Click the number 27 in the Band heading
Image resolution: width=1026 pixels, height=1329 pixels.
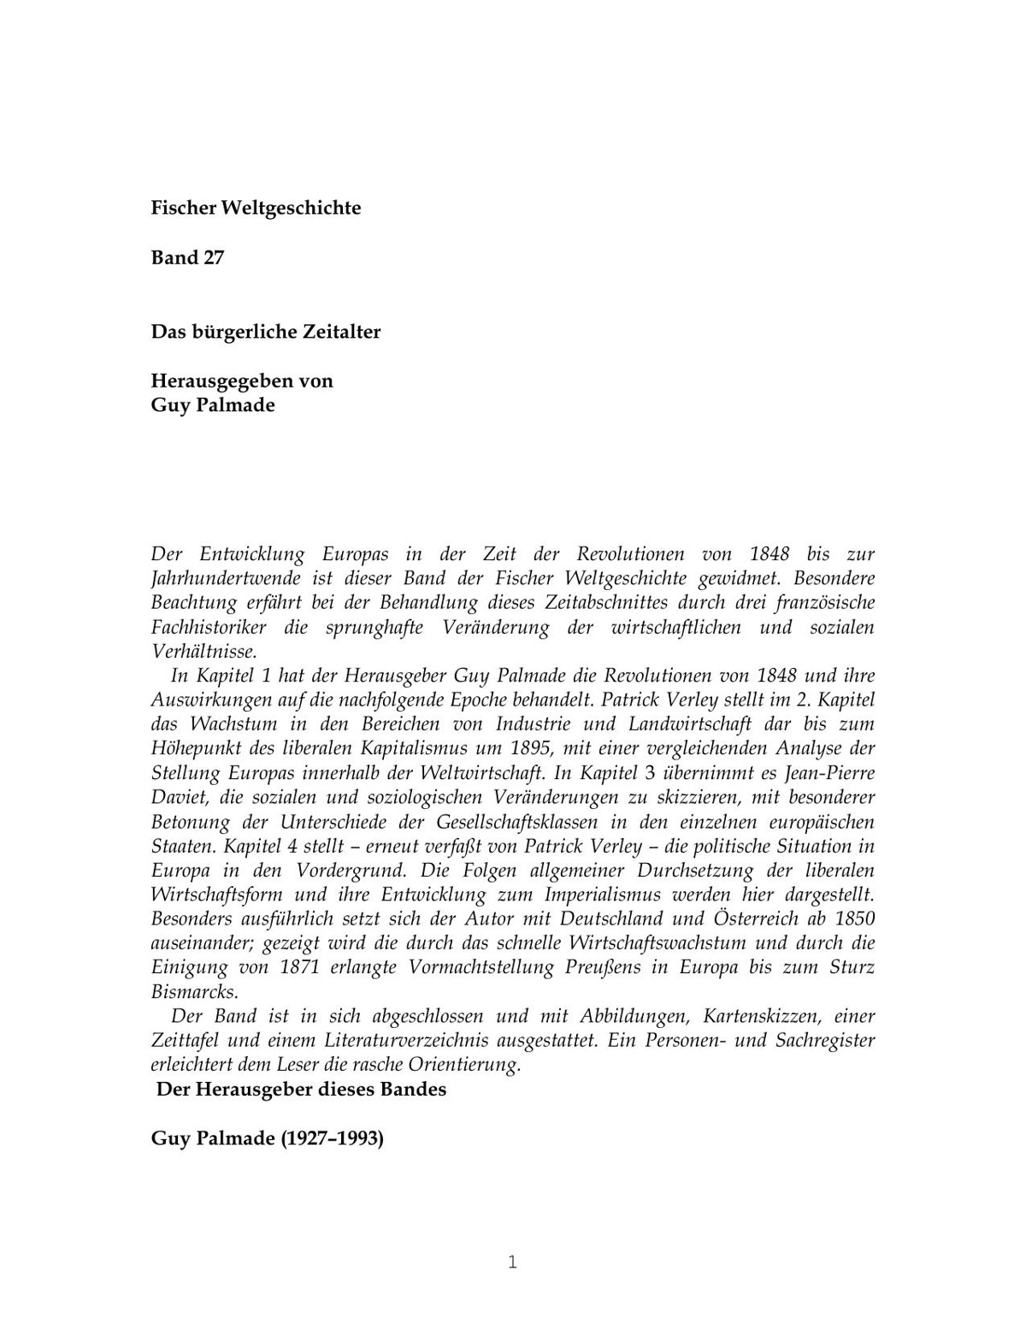[x=213, y=257]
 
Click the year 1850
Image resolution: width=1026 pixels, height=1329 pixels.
[x=852, y=919]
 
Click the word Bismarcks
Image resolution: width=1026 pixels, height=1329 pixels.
[x=194, y=993]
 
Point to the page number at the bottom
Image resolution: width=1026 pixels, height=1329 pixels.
[x=512, y=1262]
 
